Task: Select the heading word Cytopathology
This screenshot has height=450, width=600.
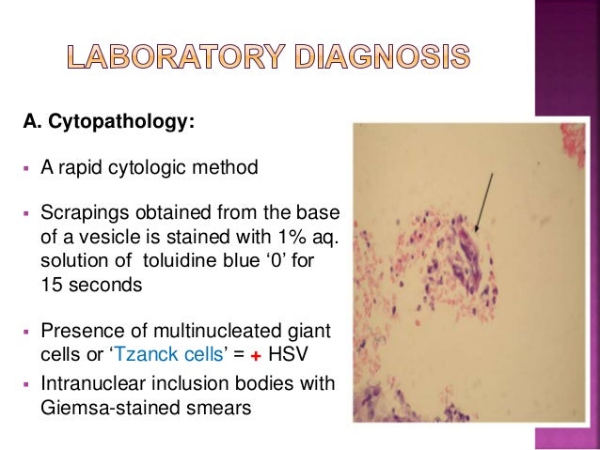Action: coord(118,122)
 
